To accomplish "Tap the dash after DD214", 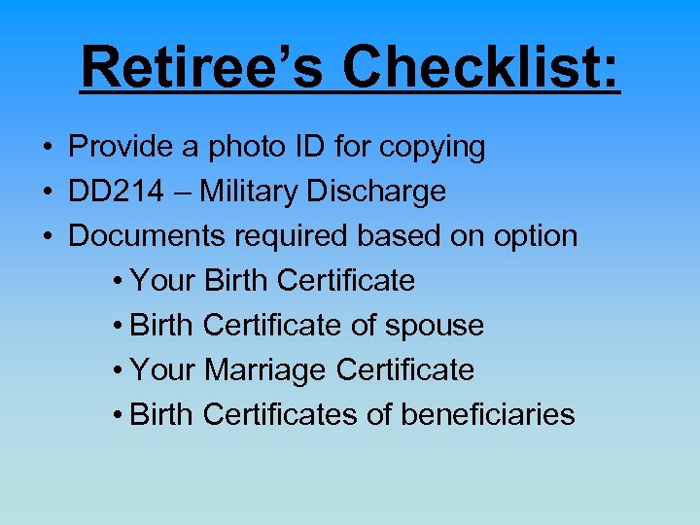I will coord(184,192).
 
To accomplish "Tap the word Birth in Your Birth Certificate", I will coord(238,281).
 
